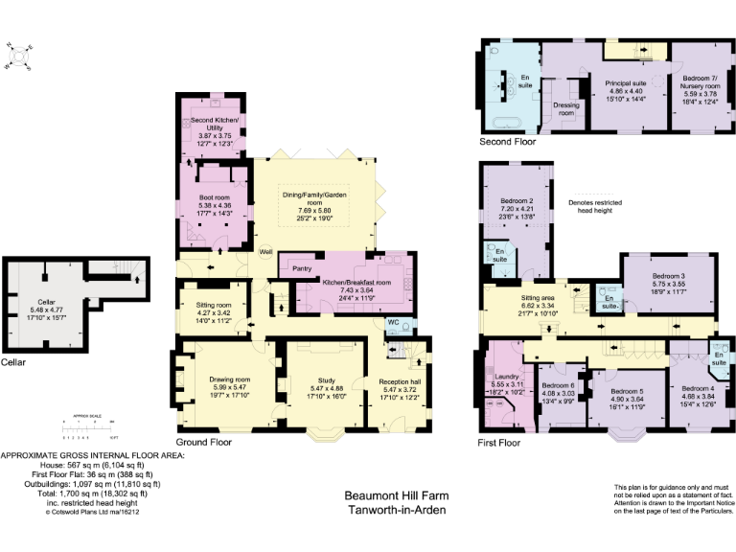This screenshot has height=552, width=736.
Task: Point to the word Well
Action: click(x=265, y=251)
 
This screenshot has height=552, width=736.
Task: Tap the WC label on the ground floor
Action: click(x=393, y=322)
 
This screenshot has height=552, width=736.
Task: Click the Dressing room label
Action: click(x=566, y=108)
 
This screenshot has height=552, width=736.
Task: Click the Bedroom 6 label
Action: click(x=557, y=390)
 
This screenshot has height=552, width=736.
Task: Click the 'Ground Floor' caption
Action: click(x=203, y=442)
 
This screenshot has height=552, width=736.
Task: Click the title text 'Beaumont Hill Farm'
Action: click(x=395, y=496)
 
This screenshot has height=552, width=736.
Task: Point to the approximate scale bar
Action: click(x=93, y=425)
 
